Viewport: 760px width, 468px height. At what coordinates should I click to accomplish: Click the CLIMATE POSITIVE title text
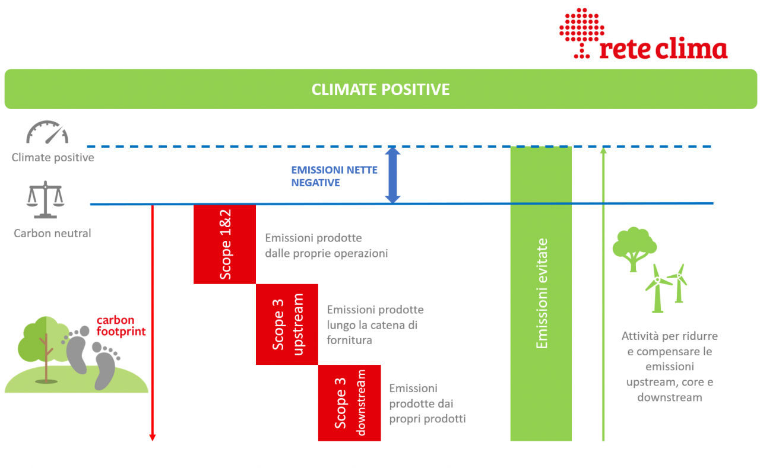click(x=381, y=90)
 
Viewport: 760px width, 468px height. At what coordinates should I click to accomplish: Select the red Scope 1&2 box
click(x=224, y=244)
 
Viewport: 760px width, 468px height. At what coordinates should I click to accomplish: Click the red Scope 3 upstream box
click(x=287, y=324)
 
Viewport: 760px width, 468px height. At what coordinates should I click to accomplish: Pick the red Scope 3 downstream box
click(x=349, y=403)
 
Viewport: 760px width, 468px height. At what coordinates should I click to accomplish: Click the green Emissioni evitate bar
click(x=541, y=294)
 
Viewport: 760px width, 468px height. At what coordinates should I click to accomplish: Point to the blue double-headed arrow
click(x=392, y=175)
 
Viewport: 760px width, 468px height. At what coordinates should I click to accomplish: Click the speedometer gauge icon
click(x=47, y=133)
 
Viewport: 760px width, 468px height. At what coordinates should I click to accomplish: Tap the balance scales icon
click(x=45, y=200)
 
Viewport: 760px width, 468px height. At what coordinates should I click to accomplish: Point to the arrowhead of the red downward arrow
click(x=153, y=437)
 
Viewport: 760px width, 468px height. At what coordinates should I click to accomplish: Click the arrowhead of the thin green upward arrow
click(x=603, y=151)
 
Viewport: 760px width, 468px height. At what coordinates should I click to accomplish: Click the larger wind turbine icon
click(x=658, y=288)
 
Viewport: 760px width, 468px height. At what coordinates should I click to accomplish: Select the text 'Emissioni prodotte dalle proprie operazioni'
click(x=326, y=246)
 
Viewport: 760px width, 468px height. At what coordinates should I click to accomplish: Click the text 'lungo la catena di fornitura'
click(x=372, y=333)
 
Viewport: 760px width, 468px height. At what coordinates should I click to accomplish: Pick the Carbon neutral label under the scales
click(x=52, y=233)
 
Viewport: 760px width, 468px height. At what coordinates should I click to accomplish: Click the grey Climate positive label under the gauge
click(x=53, y=158)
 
